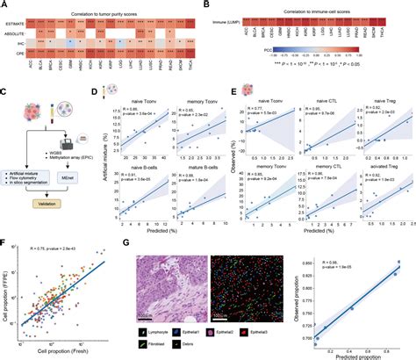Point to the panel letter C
(x=5, y=90)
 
